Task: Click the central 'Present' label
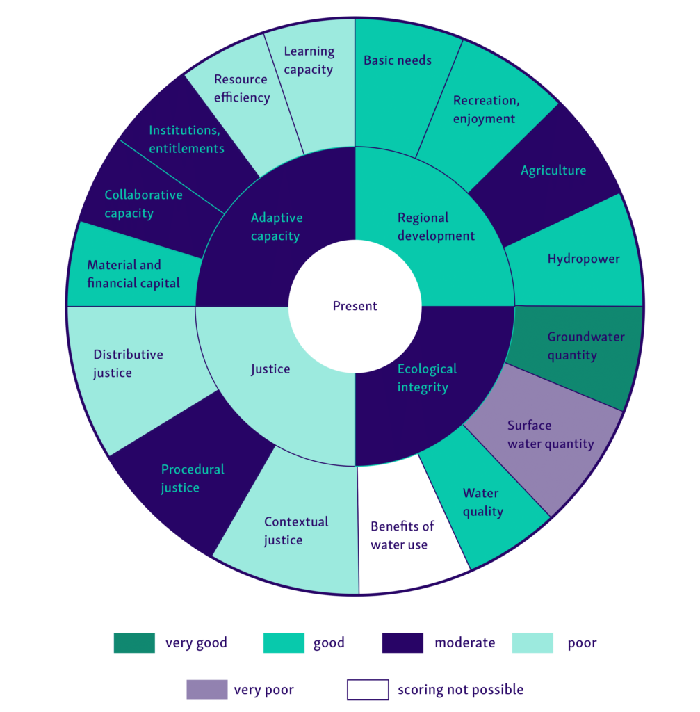(x=355, y=306)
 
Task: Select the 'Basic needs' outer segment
(x=398, y=76)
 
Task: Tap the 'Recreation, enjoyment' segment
(x=485, y=110)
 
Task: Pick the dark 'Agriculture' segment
(x=553, y=171)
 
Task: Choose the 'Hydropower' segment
(x=583, y=259)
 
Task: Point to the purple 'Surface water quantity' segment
(x=549, y=435)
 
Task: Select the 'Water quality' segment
(x=481, y=502)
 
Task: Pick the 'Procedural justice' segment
(x=192, y=478)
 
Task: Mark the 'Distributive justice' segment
(x=129, y=364)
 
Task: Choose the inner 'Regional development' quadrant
(x=436, y=227)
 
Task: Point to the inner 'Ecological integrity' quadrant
(x=427, y=378)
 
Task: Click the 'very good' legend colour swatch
(x=134, y=643)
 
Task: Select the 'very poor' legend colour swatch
(x=206, y=690)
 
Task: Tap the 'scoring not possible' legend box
(x=367, y=690)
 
